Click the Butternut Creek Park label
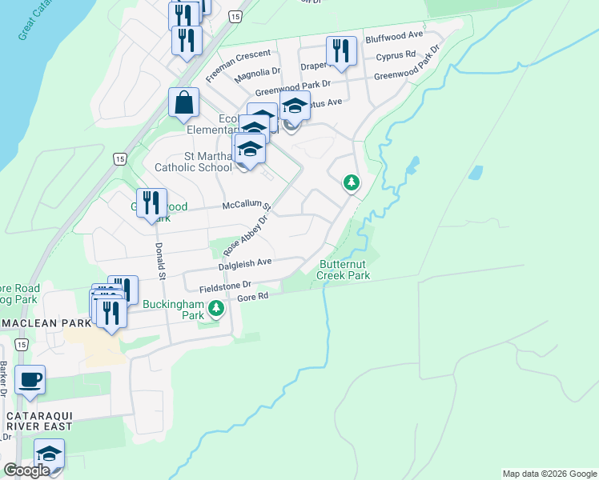pyautogui.click(x=344, y=269)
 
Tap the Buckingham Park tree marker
pyautogui.click(x=215, y=308)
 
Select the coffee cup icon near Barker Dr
pyautogui.click(x=30, y=379)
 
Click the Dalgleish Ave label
pyautogui.click(x=245, y=263)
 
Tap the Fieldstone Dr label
pyautogui.click(x=219, y=285)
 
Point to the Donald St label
pyautogui.click(x=160, y=261)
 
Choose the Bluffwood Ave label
pyautogui.click(x=394, y=36)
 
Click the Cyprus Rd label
pyautogui.click(x=396, y=55)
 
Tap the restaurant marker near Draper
pyautogui.click(x=341, y=51)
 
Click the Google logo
pyautogui.click(x=26, y=470)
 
